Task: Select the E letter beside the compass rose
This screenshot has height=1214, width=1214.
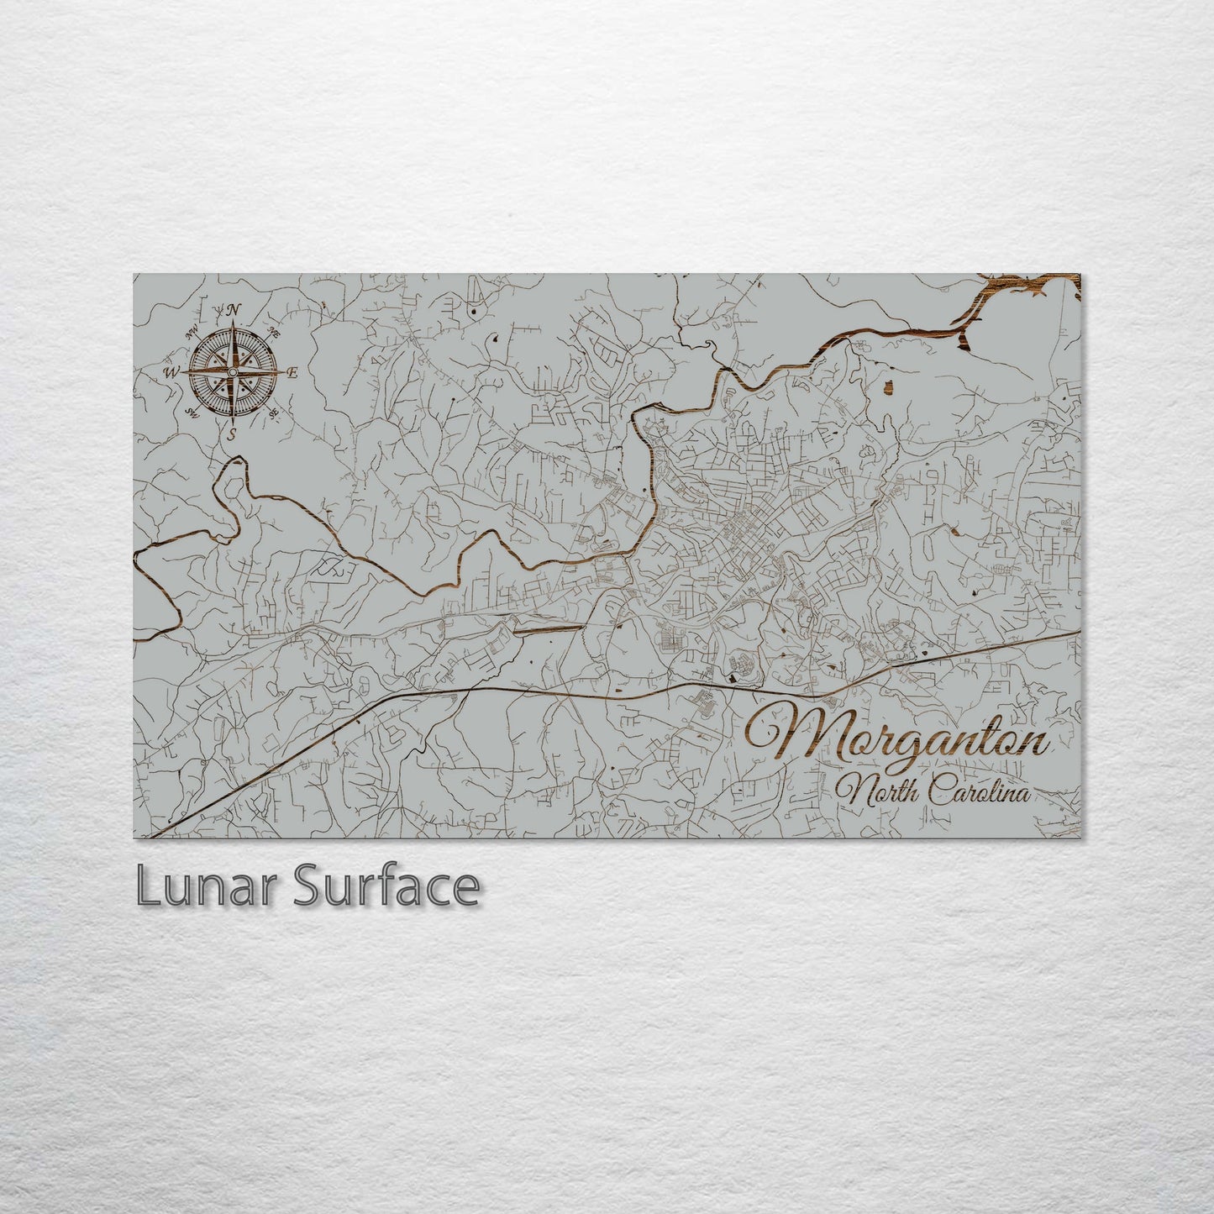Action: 292,373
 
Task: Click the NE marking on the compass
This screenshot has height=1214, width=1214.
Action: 273,331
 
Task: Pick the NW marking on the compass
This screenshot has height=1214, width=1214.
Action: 192,329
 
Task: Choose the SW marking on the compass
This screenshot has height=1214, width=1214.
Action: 192,413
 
